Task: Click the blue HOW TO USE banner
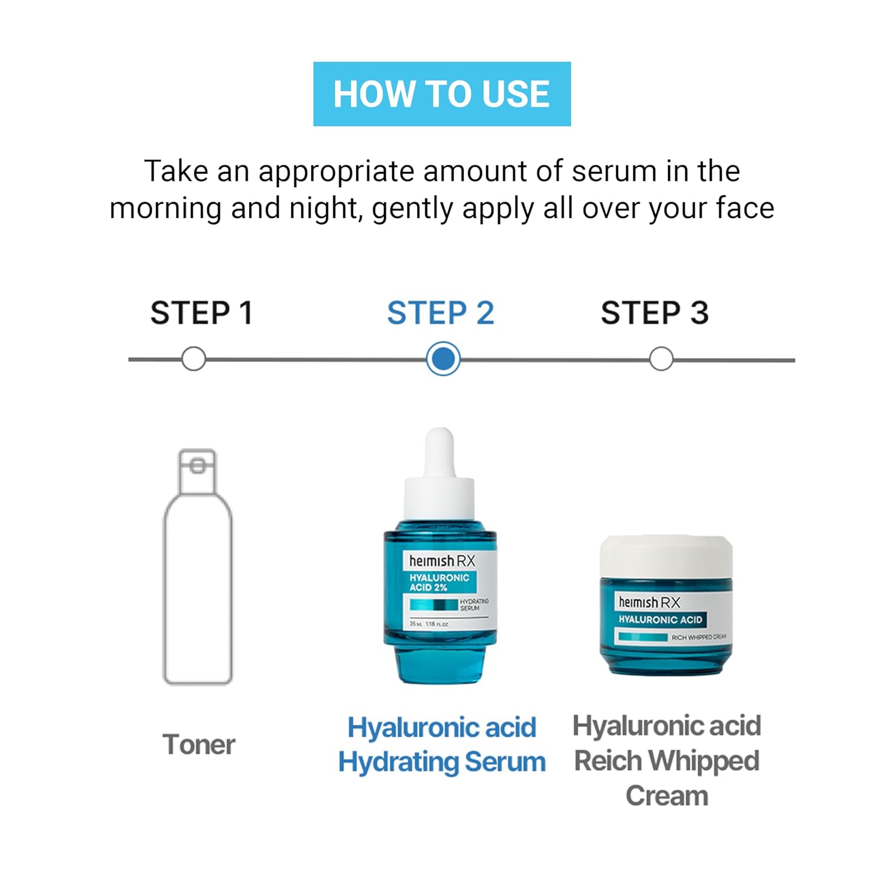click(x=442, y=94)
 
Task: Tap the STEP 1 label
click(x=201, y=313)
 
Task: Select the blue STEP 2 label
click(x=441, y=313)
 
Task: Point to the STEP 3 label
click(x=654, y=313)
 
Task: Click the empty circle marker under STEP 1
click(x=194, y=359)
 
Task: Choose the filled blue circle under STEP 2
click(x=443, y=359)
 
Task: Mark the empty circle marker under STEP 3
click(x=661, y=359)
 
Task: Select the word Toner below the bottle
click(x=199, y=744)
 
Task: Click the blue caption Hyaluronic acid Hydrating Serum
click(x=442, y=744)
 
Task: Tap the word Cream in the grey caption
click(x=667, y=796)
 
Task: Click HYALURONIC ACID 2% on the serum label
click(x=439, y=582)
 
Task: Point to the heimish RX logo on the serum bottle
click(x=442, y=561)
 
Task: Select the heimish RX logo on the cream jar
click(x=649, y=602)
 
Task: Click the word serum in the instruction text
click(x=614, y=171)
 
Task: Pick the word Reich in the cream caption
click(x=608, y=761)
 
